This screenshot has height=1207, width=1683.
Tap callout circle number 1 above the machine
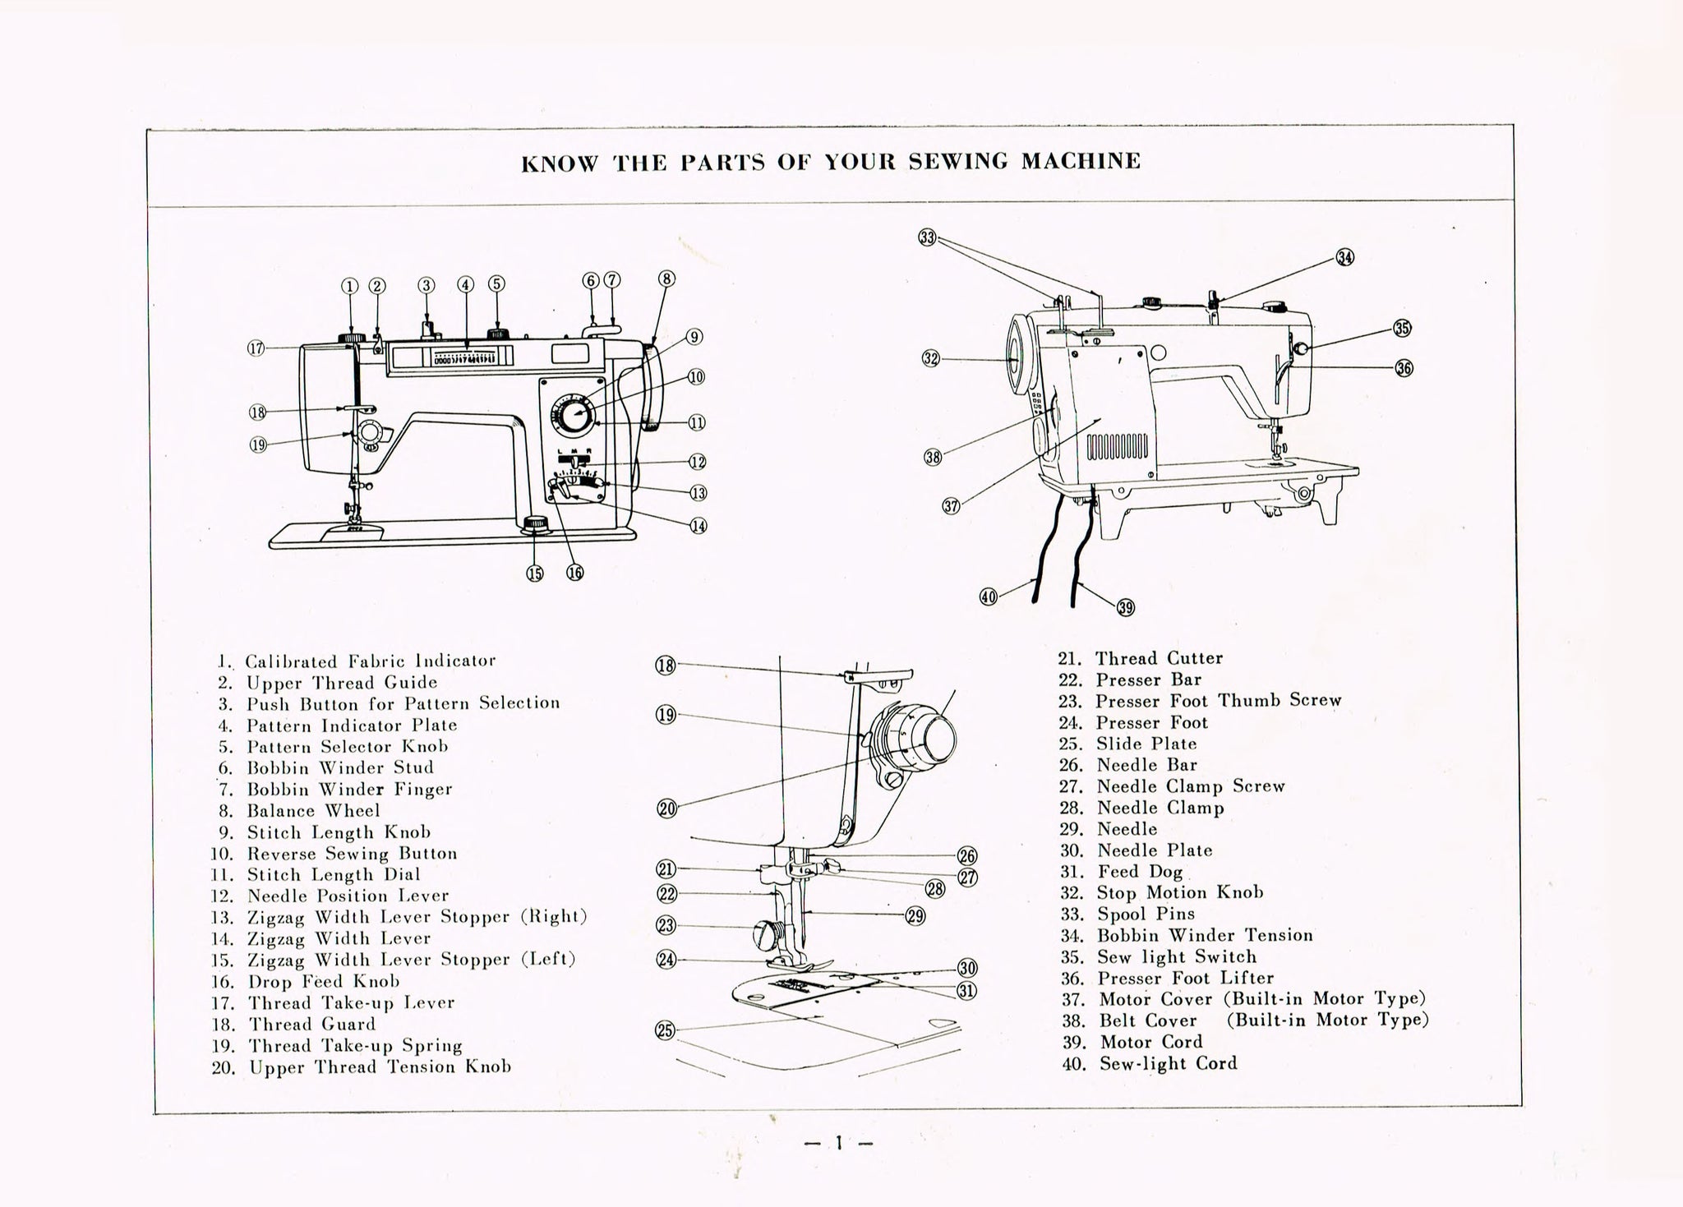(x=350, y=286)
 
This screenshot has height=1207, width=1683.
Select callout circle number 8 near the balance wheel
(x=666, y=279)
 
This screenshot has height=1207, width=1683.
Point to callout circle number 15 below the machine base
(x=535, y=574)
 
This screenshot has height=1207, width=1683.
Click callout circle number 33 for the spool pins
(x=927, y=237)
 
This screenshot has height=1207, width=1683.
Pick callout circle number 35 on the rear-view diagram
(x=1402, y=328)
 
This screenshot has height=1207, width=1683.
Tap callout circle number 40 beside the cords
(x=989, y=597)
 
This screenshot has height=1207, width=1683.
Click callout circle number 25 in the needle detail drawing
(x=665, y=1030)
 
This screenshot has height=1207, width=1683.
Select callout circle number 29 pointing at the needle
(x=915, y=915)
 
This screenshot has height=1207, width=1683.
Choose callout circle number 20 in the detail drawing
(x=666, y=809)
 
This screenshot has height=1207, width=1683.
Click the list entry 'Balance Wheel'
(x=313, y=811)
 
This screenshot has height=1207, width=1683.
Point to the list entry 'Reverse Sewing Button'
(x=352, y=854)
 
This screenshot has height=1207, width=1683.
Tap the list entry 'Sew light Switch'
(x=1176, y=957)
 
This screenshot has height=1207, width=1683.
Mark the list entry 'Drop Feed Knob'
(x=324, y=982)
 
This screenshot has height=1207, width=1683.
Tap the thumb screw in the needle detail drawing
(x=764, y=934)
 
